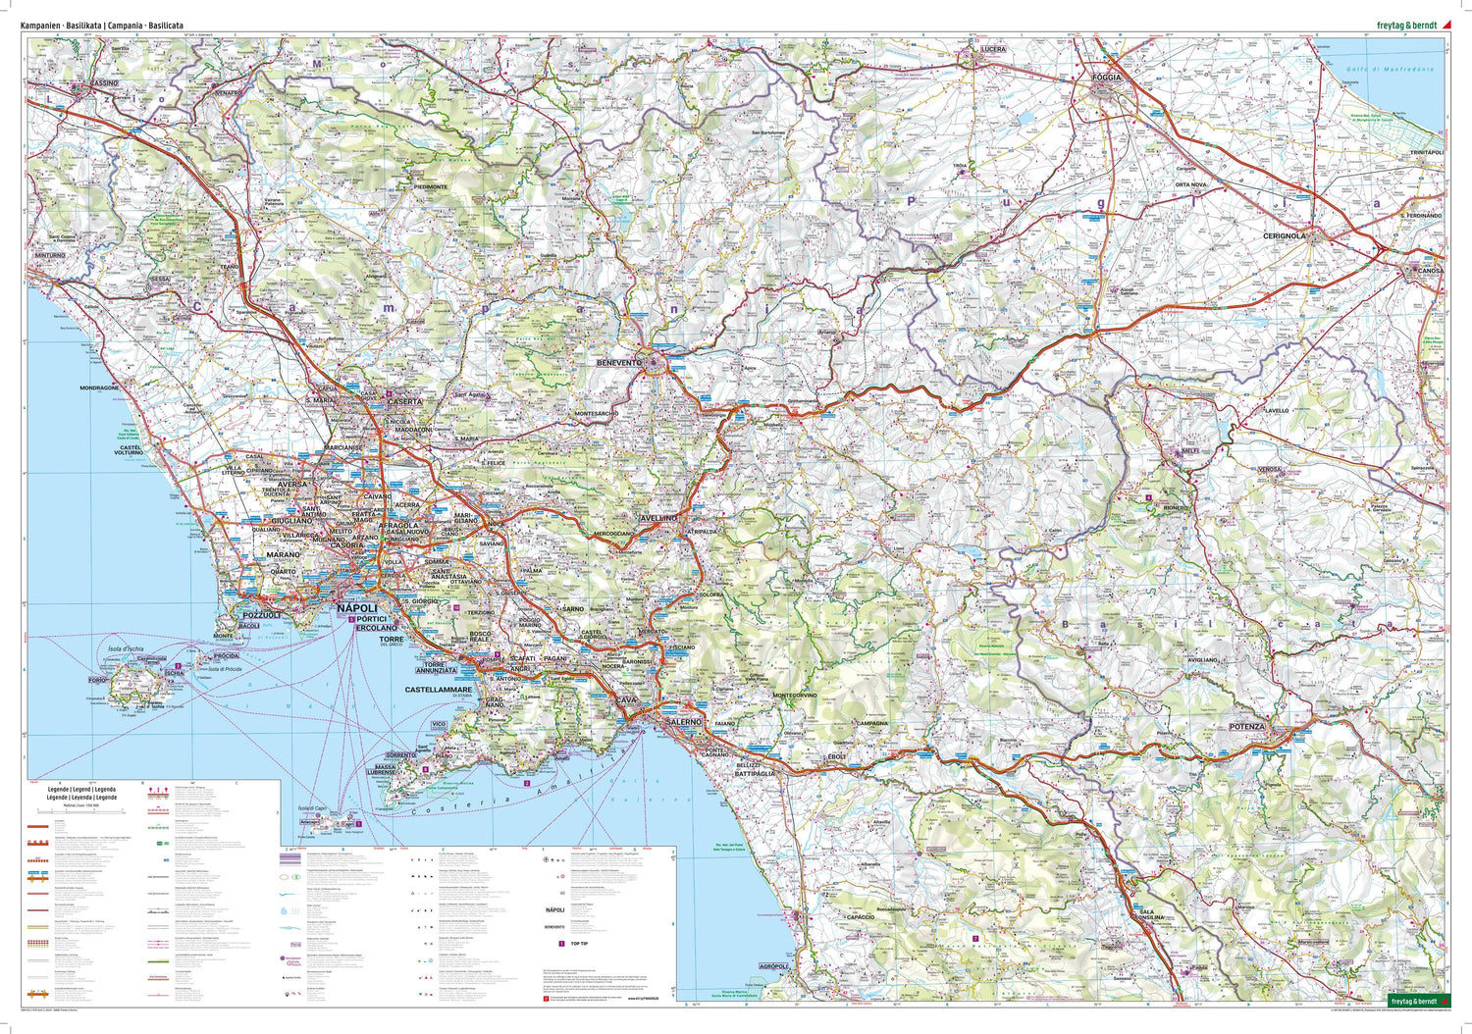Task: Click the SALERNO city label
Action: tap(683, 721)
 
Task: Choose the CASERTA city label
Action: tap(405, 402)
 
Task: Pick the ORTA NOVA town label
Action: tap(1191, 184)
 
